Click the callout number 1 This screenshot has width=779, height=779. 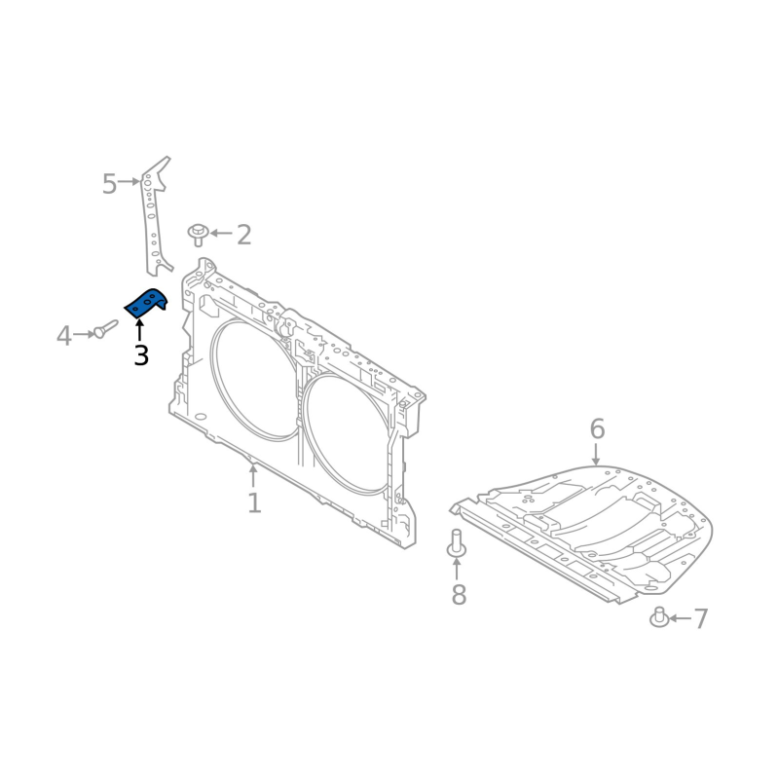(x=254, y=503)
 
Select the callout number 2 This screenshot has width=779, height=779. (x=243, y=235)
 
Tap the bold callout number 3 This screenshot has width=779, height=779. (x=141, y=355)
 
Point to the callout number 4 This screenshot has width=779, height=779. (x=64, y=337)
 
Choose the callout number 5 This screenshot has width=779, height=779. (x=109, y=183)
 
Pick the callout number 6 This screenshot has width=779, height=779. (x=597, y=428)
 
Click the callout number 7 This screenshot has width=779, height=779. (x=700, y=618)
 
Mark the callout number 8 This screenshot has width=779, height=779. (x=459, y=595)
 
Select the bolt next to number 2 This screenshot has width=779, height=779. (x=199, y=234)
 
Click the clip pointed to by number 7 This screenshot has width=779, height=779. (x=659, y=617)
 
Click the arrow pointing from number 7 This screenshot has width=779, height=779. (x=679, y=618)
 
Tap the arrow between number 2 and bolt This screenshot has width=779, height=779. (x=221, y=234)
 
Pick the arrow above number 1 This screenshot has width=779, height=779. (x=253, y=475)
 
